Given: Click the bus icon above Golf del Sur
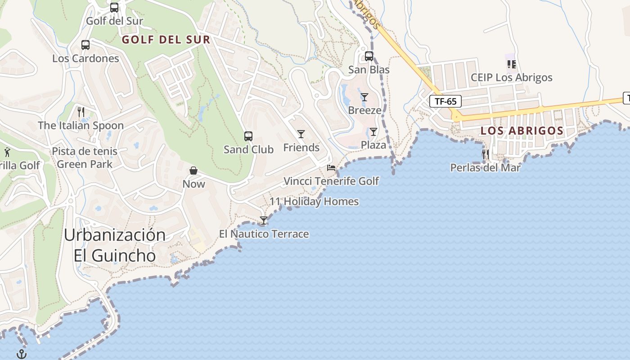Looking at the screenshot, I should (x=114, y=8).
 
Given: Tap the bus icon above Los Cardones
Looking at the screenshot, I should (x=85, y=45).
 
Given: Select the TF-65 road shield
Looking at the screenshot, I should (x=445, y=101).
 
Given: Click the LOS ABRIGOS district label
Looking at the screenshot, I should (x=522, y=131).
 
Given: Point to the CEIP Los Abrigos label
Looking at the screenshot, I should (x=511, y=77).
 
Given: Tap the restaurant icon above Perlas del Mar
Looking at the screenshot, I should (x=485, y=154).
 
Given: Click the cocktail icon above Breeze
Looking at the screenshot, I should (x=364, y=97).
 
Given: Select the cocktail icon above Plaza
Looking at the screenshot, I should (x=373, y=132).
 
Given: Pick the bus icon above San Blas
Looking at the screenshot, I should (x=369, y=56).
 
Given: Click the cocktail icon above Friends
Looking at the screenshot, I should (x=301, y=134).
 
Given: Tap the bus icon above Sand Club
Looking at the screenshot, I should (x=248, y=136).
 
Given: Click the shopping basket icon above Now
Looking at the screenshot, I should (x=193, y=171).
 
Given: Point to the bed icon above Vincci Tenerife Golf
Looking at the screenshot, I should (x=331, y=168).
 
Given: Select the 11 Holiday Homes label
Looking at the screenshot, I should (x=314, y=202).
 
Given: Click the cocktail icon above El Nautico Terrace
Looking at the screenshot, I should (x=264, y=220).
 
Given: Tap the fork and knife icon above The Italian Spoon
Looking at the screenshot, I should (x=81, y=112).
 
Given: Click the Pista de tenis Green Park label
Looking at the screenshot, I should (x=85, y=157).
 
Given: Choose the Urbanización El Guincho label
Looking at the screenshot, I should (x=115, y=245).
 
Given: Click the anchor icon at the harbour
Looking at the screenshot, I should (x=22, y=354).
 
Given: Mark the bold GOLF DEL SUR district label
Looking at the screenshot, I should (x=166, y=40).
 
